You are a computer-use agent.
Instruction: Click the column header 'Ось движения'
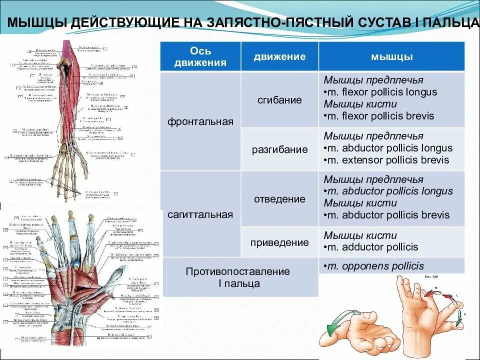tap(200, 56)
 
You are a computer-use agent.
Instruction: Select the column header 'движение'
tap(279, 56)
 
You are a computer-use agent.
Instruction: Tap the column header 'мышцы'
tap(391, 56)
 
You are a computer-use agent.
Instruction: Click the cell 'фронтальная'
tap(200, 121)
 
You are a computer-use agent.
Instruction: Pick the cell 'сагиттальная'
tap(200, 214)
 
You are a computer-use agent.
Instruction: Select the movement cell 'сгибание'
tap(280, 100)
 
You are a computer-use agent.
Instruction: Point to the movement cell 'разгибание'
tap(280, 149)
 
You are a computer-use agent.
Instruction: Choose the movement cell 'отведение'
tap(280, 199)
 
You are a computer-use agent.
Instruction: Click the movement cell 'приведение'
tap(280, 242)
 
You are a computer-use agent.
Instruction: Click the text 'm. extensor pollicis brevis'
tap(386, 160)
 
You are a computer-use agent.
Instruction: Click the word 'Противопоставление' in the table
tap(238, 271)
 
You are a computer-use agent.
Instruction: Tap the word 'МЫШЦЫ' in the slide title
tap(38, 23)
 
